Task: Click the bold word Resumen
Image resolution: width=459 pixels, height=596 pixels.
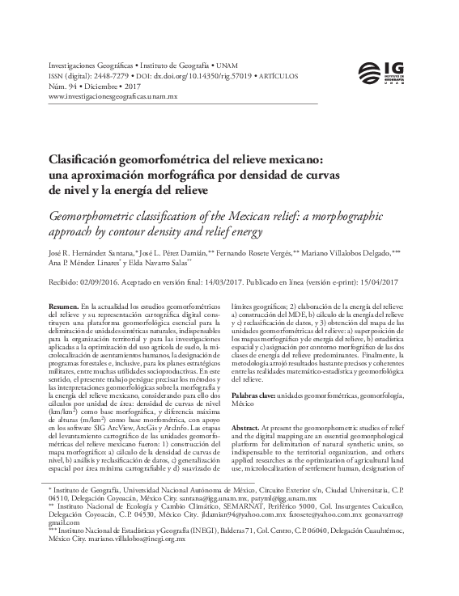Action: coord(63,307)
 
